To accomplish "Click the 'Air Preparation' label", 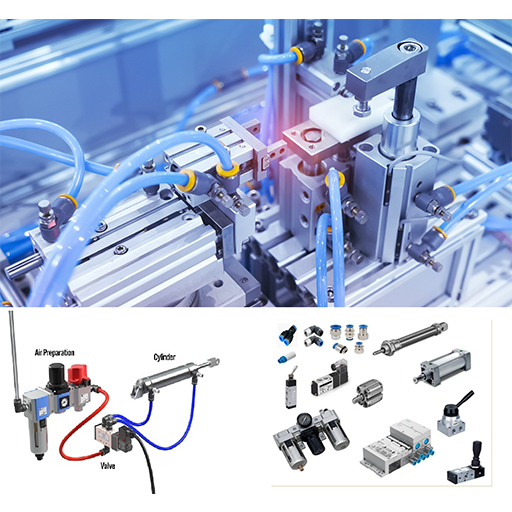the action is coord(54,353).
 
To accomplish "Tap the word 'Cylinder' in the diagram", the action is coord(164,357).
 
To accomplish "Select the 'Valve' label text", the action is coord(108,466).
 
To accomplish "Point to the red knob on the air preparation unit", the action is coord(79,374).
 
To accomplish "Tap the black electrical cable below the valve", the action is coord(146,463).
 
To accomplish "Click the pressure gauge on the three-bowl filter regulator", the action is coord(304,419).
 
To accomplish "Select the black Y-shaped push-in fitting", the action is coord(288,334).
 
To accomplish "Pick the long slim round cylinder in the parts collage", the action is coord(410,338).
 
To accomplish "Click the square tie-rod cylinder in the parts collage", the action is coord(442,367).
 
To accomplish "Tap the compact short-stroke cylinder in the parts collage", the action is coord(368,392).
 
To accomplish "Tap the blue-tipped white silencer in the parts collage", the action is coord(286,357).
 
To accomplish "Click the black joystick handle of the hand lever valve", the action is coord(477,449).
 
